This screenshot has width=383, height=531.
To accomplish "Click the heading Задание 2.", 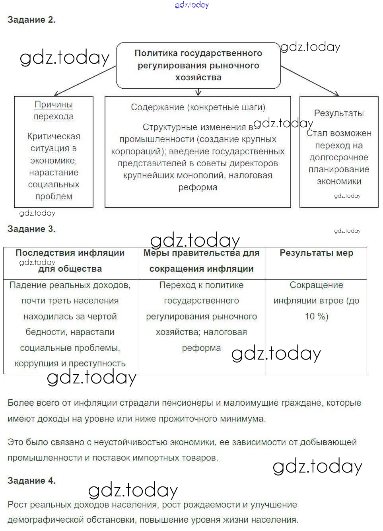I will pyautogui.click(x=31, y=20).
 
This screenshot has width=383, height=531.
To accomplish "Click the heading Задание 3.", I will pyautogui.click(x=31, y=229).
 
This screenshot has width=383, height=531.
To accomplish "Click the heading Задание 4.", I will pyautogui.click(x=31, y=480).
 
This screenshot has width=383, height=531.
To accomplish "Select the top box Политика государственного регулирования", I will pyautogui.click(x=198, y=65).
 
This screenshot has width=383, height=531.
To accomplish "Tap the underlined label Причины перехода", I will pyautogui.click(x=54, y=111).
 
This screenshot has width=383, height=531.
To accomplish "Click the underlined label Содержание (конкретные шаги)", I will pyautogui.click(x=198, y=107).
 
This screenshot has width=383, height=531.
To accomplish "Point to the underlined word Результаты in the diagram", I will pyautogui.click(x=339, y=113).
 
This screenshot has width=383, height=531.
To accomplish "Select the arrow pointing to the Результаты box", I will pyautogui.click(x=310, y=82).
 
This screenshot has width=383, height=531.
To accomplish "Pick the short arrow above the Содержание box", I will pyautogui.click(x=198, y=92).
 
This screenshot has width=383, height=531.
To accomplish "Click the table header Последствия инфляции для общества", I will pyautogui.click(x=70, y=261).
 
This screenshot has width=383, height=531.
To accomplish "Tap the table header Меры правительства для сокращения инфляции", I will pyautogui.click(x=201, y=261).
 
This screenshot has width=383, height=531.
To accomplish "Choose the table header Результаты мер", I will pyautogui.click(x=316, y=253).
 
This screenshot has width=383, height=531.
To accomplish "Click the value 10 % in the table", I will pyautogui.click(x=317, y=317).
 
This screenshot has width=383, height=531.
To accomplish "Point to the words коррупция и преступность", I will pyautogui.click(x=70, y=364).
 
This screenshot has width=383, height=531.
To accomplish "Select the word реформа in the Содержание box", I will pyautogui.click(x=198, y=188).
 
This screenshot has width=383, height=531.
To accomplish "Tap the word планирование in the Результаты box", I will pyautogui.click(x=339, y=169).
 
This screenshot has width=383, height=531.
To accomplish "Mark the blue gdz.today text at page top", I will pyautogui.click(x=192, y=5).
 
